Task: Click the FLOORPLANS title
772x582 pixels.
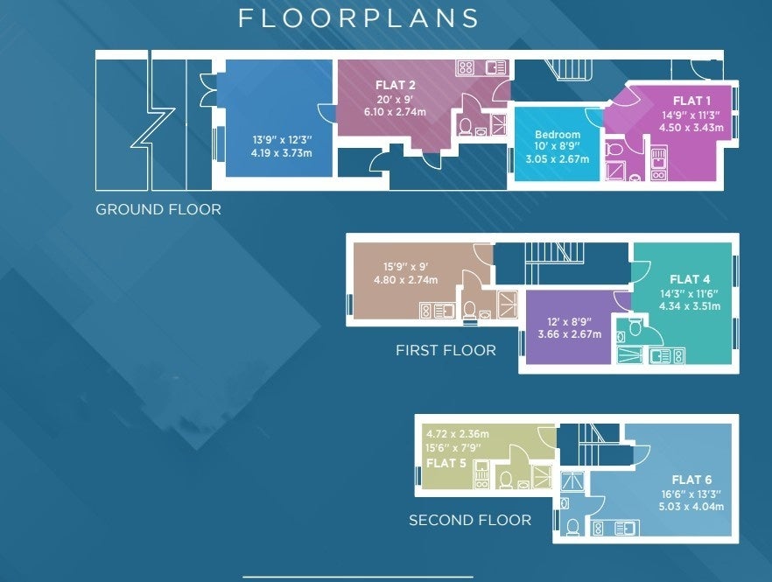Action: (x=359, y=18)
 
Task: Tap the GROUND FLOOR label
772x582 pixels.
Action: (x=158, y=209)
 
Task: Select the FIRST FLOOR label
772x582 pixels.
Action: (x=446, y=350)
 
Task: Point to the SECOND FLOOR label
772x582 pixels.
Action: (x=470, y=520)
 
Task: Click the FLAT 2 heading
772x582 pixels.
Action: (x=396, y=85)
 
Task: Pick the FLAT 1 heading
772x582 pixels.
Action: (x=691, y=101)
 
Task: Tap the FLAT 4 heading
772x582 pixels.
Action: (x=690, y=279)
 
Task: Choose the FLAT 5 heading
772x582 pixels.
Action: (x=446, y=463)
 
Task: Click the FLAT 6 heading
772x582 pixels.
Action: (x=691, y=480)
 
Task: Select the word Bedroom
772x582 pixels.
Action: (x=558, y=135)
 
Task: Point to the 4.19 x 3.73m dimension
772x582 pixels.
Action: (x=281, y=153)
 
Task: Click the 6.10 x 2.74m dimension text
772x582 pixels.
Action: (x=395, y=112)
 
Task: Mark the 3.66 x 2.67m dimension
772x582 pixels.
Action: (x=570, y=334)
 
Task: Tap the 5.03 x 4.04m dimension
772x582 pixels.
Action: (x=691, y=507)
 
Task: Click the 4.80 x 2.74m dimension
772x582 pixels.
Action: (x=406, y=280)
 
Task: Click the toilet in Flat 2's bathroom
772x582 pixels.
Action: (x=465, y=127)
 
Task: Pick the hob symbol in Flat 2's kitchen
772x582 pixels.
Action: (x=466, y=67)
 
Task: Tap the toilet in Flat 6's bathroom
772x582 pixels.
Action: (x=572, y=528)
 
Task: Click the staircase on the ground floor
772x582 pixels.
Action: (x=573, y=70)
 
